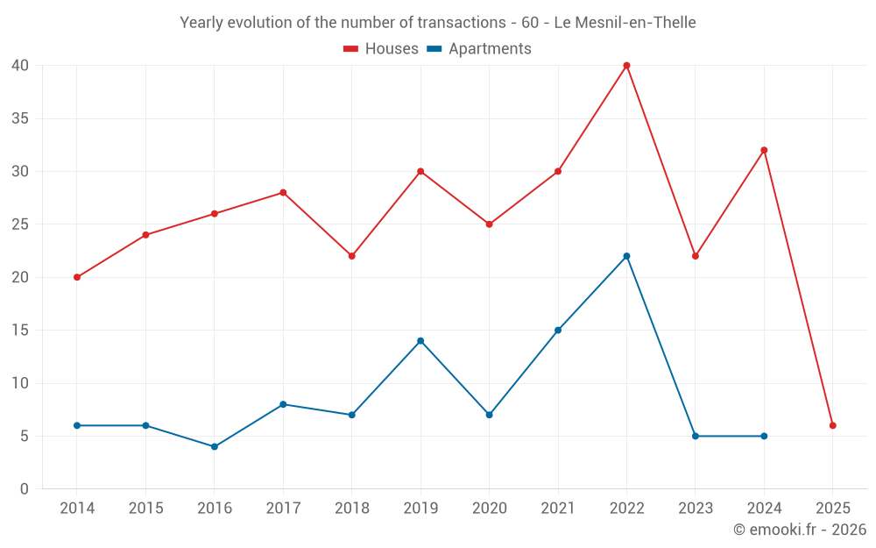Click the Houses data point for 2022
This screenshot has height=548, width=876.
[626, 66]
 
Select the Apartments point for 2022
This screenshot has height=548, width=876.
[626, 256]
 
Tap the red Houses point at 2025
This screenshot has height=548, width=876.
[833, 425]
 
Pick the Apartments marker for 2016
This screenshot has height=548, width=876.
[215, 446]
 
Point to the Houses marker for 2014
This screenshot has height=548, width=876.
[77, 277]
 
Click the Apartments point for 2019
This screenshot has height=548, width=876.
[420, 340]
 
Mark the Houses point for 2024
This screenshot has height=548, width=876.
[764, 150]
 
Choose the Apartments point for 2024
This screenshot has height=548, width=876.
[764, 436]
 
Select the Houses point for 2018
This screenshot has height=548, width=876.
[352, 256]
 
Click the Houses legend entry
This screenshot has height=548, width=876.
[381, 49]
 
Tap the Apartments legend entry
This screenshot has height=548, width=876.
[479, 49]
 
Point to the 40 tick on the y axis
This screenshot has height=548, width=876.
[21, 66]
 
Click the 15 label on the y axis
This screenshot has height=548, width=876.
[21, 331]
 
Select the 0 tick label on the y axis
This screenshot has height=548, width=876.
[25, 489]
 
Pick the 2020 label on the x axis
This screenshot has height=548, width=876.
[490, 509]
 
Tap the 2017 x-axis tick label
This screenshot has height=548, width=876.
[283, 509]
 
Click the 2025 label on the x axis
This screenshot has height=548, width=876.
[833, 509]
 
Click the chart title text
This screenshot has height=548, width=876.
[438, 23]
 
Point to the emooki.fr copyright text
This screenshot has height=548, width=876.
[800, 530]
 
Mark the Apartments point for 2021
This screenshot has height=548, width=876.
[558, 330]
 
